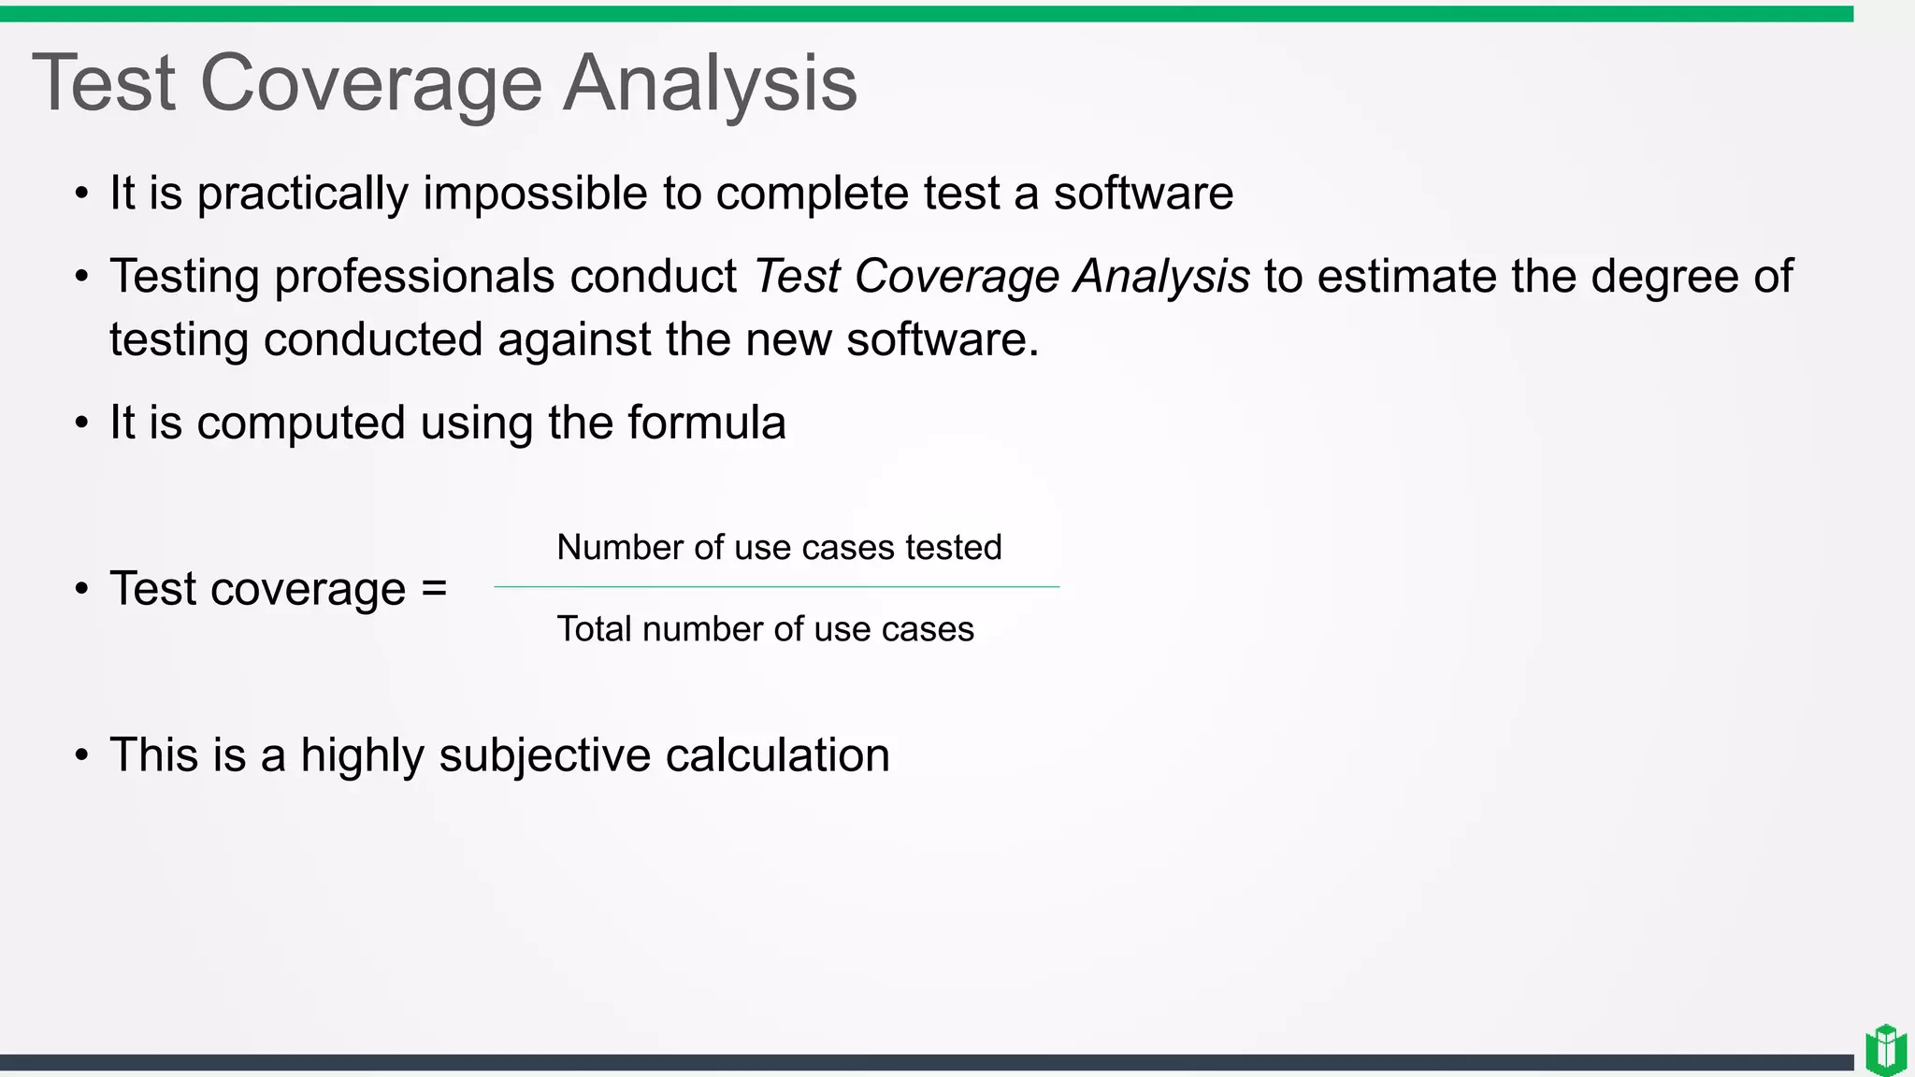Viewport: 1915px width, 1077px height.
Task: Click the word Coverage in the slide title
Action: tap(370, 84)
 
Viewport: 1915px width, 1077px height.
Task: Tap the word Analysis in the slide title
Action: tap(710, 84)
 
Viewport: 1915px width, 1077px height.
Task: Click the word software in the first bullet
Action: tap(1143, 194)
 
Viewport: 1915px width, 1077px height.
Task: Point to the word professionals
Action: tap(414, 277)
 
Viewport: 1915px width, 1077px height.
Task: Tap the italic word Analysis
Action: tap(1160, 277)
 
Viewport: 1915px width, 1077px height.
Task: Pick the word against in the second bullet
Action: tap(574, 339)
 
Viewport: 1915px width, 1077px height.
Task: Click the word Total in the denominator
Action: tap(594, 629)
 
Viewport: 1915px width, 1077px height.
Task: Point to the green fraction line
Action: tap(776, 587)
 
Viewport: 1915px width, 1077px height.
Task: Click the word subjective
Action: tap(544, 755)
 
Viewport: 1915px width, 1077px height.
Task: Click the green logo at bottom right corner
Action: tap(1885, 1049)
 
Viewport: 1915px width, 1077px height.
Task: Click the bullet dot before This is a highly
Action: tap(82, 755)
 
